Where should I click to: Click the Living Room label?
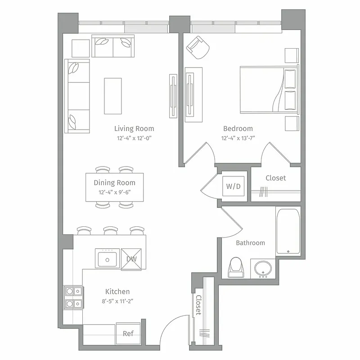point(134,129)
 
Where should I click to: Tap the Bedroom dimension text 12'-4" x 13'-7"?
point(238,139)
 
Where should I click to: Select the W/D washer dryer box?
point(234,186)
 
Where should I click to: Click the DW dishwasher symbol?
point(131,259)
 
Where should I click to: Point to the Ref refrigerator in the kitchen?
point(128,333)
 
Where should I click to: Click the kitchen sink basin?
point(107,259)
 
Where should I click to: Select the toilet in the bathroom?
point(236,267)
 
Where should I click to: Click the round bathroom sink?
point(262,269)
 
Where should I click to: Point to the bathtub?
point(288,231)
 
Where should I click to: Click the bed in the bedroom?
point(269,90)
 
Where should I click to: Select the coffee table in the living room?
point(112,96)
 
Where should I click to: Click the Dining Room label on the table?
point(114,183)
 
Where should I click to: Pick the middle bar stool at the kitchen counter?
point(110,231)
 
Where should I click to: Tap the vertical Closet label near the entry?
point(198,306)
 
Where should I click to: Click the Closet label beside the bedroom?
point(275,178)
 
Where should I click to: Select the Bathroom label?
point(250,243)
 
